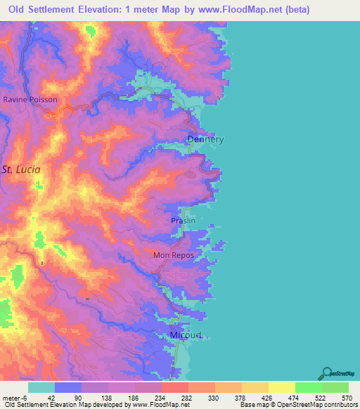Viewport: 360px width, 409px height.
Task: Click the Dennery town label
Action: [x=205, y=139]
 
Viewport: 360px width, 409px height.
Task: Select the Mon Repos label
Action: [x=173, y=255]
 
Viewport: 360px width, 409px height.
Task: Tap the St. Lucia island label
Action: [x=21, y=169]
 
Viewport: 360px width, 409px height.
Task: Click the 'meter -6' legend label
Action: [x=13, y=398]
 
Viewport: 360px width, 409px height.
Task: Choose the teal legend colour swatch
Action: [x=41, y=387]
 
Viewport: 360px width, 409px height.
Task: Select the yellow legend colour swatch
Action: [x=281, y=387]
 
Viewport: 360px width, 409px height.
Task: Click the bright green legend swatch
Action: [x=308, y=387]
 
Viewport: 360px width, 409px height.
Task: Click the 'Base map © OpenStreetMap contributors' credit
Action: [x=296, y=405]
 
